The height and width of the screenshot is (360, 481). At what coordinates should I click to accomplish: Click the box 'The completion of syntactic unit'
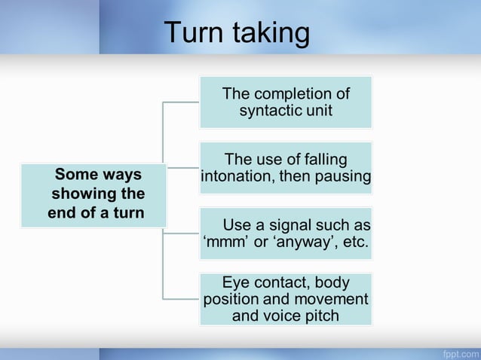tap(285, 102)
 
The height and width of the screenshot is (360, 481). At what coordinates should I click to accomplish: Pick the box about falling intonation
tap(285, 168)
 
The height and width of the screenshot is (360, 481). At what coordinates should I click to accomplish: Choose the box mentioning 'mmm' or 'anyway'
tap(285, 234)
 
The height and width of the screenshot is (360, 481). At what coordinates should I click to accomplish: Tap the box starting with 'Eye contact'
tap(285, 299)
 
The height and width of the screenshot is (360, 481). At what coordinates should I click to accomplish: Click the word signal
tap(296, 225)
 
